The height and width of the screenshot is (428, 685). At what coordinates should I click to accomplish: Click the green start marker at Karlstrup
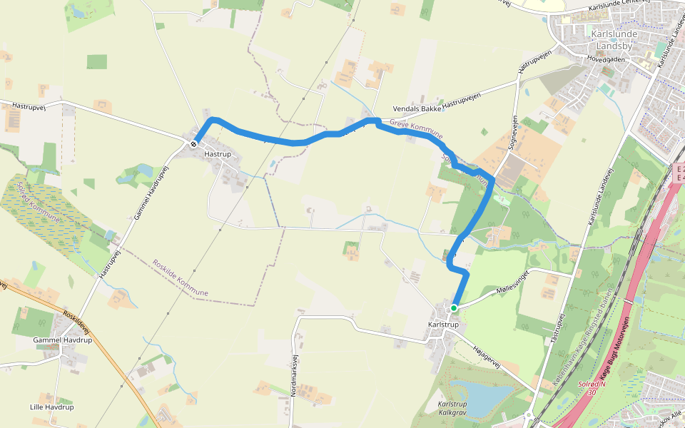point(453,308)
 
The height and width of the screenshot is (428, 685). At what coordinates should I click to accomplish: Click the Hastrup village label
point(217,153)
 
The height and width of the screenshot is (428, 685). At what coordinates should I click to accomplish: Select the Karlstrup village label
point(443,325)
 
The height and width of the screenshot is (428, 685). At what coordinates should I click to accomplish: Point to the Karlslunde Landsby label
point(612,40)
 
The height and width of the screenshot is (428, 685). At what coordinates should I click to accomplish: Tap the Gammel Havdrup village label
point(63,340)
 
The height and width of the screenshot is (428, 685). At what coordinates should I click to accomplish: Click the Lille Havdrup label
point(51,407)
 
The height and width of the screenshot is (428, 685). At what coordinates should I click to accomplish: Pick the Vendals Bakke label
point(417,109)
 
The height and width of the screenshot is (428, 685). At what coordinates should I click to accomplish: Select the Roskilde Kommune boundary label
point(180,278)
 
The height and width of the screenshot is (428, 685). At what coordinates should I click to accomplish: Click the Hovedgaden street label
point(606,59)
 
